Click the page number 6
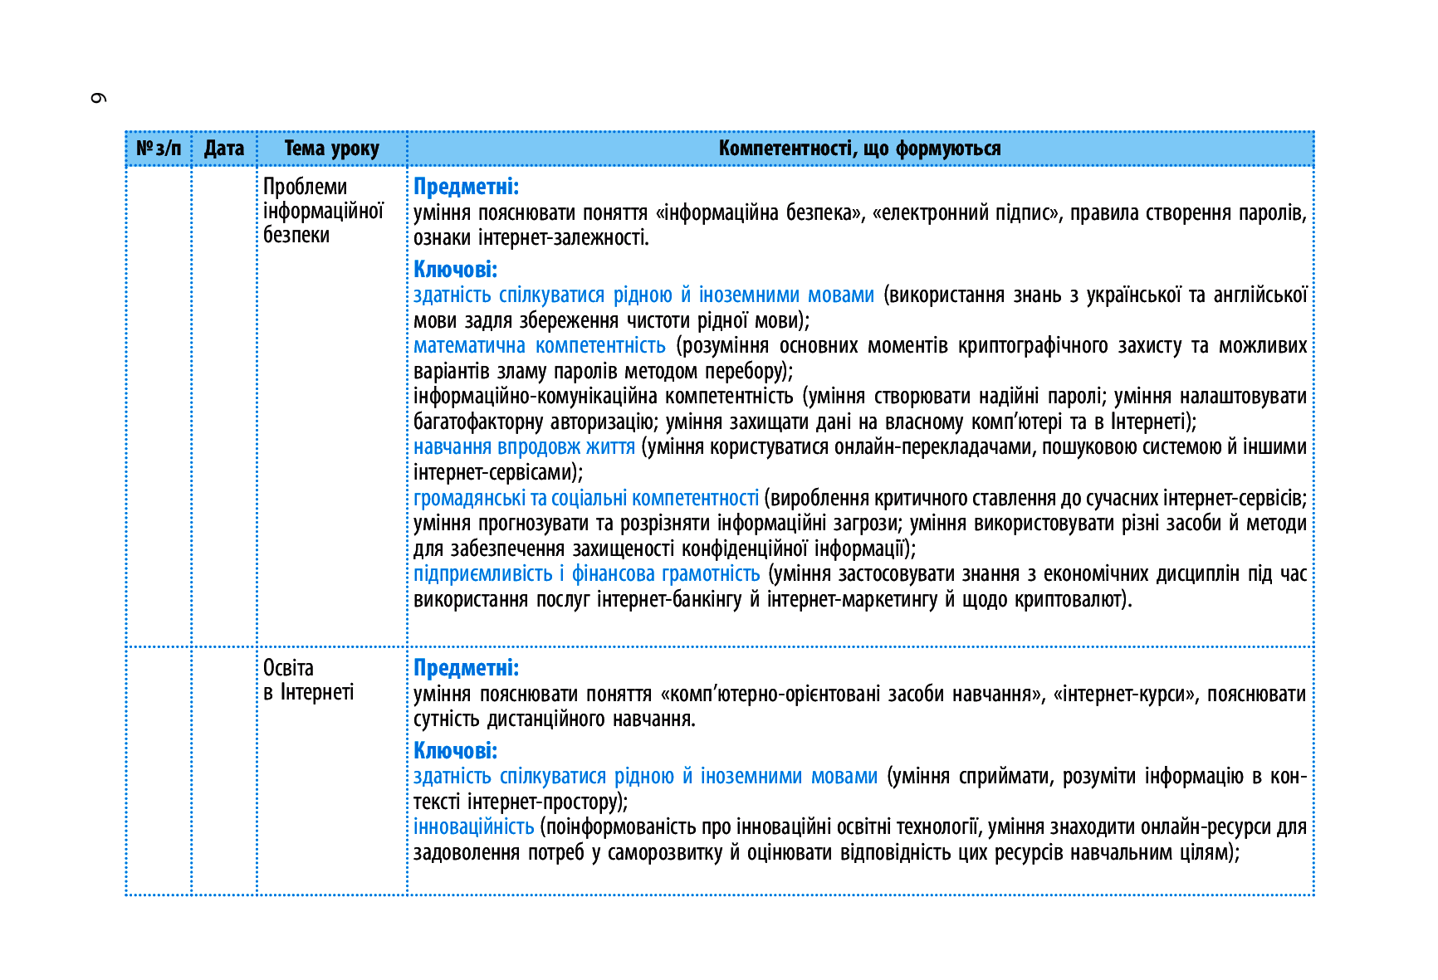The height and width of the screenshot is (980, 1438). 98,98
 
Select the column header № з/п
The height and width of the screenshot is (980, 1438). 159,149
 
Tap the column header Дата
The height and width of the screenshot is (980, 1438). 224,149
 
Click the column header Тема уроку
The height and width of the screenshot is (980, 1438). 331,149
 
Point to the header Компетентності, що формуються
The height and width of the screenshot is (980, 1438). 859,149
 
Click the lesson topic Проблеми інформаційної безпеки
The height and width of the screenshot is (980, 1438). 323,211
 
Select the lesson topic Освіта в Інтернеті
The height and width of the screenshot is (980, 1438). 308,680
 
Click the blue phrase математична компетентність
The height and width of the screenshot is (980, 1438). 540,345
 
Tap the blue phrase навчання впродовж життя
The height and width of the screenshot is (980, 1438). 524,447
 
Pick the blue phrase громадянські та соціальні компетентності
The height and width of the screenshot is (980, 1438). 586,498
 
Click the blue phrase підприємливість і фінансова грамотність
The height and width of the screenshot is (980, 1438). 586,574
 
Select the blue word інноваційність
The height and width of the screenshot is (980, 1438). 473,827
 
